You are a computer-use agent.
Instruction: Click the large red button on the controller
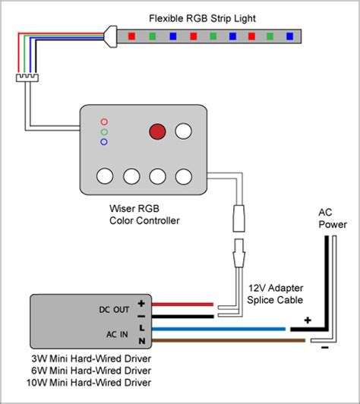coord(157,131)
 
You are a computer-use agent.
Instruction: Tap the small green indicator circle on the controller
coord(104,132)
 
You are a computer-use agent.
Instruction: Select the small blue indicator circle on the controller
coord(104,142)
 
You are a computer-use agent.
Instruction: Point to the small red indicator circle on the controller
coord(104,122)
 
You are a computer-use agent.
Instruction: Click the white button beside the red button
coord(184,131)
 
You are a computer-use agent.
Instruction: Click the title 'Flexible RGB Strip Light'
coord(202,18)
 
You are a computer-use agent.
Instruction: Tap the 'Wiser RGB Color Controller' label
coord(144,214)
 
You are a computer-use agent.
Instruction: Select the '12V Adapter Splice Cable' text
coord(275,294)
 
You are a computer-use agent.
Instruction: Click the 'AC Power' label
coord(333,218)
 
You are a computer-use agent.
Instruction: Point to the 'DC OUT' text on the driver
coord(114,309)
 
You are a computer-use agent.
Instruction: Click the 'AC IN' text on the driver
coord(117,334)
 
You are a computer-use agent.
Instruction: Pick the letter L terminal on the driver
coord(142,328)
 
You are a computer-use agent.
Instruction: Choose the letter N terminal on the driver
coord(142,341)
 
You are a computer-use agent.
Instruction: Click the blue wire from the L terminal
coord(219,329)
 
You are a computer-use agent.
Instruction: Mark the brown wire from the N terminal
coord(229,341)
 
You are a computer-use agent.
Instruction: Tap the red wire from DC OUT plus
coord(183,305)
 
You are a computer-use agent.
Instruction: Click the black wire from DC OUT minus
coord(183,317)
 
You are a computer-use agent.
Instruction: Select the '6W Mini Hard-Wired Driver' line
coord(91,371)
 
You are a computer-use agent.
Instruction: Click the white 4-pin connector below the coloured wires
coord(27,77)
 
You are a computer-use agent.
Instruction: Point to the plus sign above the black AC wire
coord(308,320)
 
